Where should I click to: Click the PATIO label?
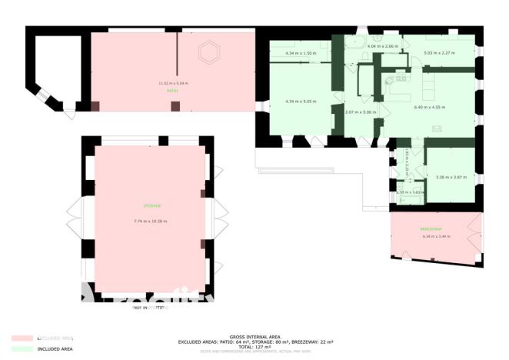tap(172, 91)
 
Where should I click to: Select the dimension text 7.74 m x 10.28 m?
tap(150, 222)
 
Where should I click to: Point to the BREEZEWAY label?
tap(431, 229)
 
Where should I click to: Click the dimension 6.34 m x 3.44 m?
tap(435, 236)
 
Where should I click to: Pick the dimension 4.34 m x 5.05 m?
tap(300, 102)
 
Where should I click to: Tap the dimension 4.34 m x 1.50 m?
tap(300, 53)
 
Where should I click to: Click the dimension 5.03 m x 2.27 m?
tap(439, 53)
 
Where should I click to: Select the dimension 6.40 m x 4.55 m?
tap(429, 107)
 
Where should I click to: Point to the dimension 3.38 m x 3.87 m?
tap(451, 178)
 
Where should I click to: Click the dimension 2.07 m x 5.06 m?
tap(360, 113)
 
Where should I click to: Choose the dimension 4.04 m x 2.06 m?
tap(384, 47)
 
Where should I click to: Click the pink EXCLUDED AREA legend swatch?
tap(22, 338)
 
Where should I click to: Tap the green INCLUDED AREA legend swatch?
tap(22, 349)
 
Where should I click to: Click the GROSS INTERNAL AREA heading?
tap(254, 336)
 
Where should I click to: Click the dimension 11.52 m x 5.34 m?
tap(173, 83)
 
